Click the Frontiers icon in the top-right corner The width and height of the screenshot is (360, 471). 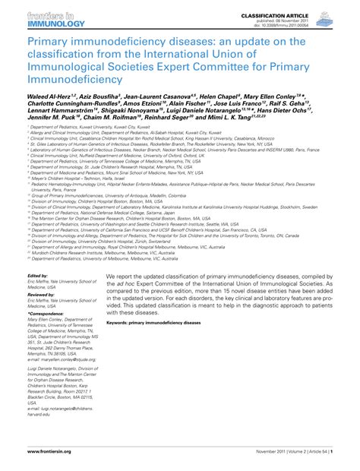click(x=343, y=18)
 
